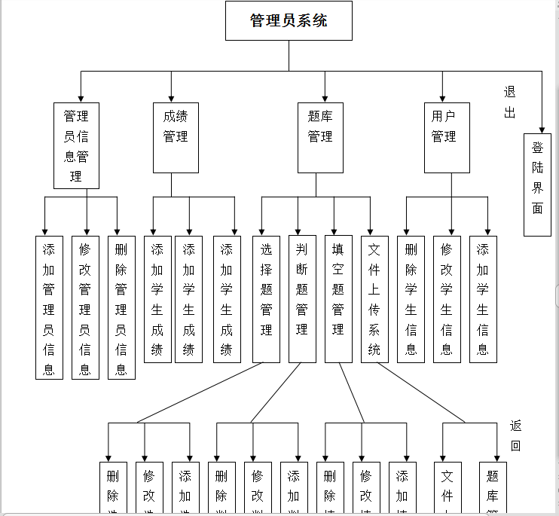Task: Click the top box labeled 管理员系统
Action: pos(289,20)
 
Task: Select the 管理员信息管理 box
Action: pos(76,145)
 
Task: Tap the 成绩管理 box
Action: pos(176,138)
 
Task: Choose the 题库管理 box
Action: pos(320,138)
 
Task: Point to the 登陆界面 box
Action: pos(537,185)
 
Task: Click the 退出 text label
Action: pos(510,102)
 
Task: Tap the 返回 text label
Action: pos(515,435)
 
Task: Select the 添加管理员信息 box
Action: pos(49,307)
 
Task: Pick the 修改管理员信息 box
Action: pos(85,307)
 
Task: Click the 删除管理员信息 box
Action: pos(121,307)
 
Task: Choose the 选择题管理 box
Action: pos(266,299)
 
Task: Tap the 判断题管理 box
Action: pos(302,299)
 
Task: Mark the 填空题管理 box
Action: pos(338,299)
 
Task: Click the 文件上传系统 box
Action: pos(374,299)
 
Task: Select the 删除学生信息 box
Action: pos(411,299)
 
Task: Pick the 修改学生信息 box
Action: pos(447,299)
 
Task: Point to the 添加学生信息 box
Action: pos(483,299)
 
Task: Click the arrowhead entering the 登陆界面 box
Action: pos(542,129)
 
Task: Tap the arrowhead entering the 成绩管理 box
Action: pos(172,98)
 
